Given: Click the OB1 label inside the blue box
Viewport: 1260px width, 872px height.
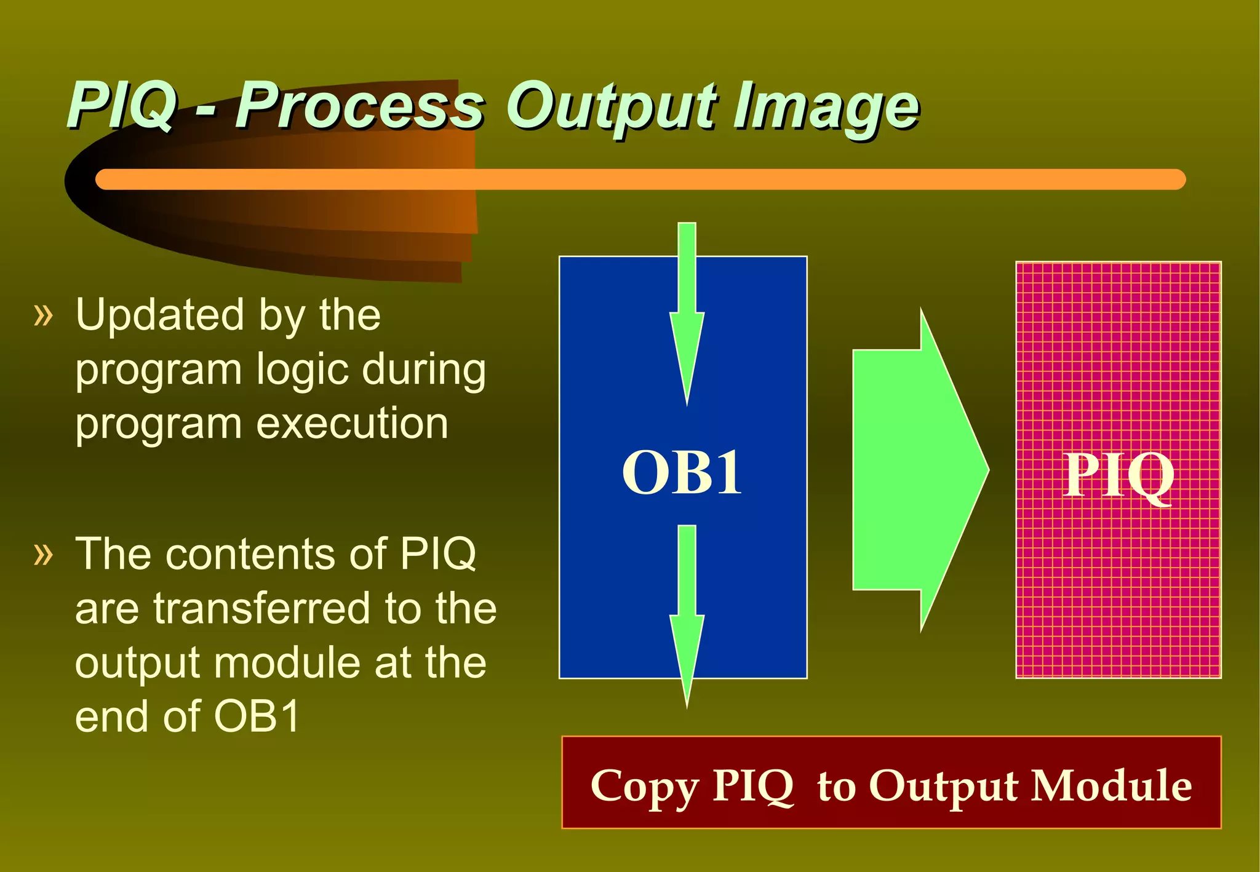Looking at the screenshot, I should coord(682,472).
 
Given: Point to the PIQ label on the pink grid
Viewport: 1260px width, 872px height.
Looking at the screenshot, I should coord(1118,475).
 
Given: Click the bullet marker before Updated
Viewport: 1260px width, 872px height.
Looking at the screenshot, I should coord(44,315).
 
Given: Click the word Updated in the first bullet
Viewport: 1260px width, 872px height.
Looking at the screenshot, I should coord(159,315).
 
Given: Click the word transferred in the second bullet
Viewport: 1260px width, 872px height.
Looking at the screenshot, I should coord(261,608).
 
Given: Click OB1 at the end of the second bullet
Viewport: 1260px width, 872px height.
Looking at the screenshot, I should coord(257,716).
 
